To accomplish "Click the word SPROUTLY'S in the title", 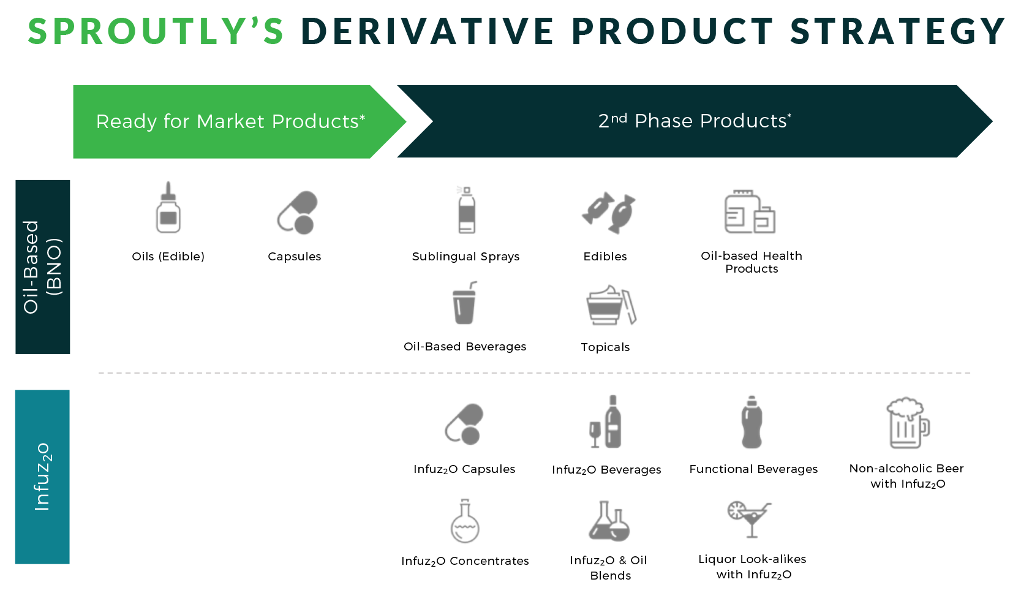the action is coord(156,31).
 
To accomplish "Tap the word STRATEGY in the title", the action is coord(897,31).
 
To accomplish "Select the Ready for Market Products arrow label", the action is coord(231,121).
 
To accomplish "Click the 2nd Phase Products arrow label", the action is coord(695,120).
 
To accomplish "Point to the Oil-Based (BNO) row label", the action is coord(42,266).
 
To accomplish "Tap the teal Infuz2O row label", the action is coord(42,477).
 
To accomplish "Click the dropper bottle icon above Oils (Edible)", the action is coord(168,208).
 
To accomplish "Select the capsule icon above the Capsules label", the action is coord(297,213).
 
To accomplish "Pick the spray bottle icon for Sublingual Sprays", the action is coord(466,210).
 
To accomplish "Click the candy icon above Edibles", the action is coord(609,213).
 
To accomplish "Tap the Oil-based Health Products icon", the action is coord(750,211).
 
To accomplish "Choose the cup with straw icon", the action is coord(465,303).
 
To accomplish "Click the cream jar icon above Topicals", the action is coord(611,305).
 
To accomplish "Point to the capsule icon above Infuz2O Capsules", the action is coord(464,424).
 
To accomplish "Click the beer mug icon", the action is coord(908,423).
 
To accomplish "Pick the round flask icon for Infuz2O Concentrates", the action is coord(465,521).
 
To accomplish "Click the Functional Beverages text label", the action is coord(753,469).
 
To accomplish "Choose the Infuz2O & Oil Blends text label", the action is coord(609,568).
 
